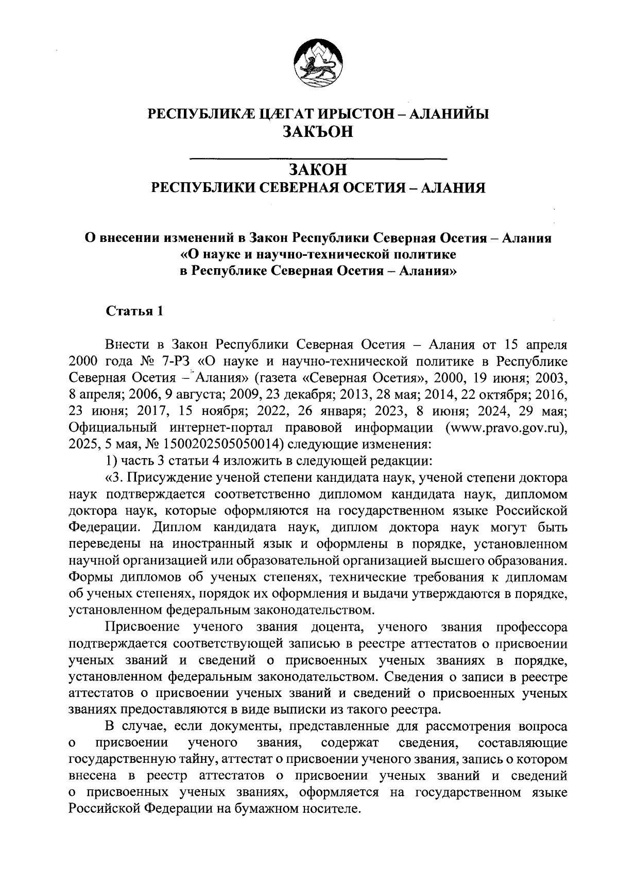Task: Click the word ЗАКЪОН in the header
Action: (x=318, y=132)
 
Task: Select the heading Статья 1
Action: (x=134, y=311)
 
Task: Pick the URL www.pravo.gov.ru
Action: (x=503, y=427)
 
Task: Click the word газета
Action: (x=276, y=377)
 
